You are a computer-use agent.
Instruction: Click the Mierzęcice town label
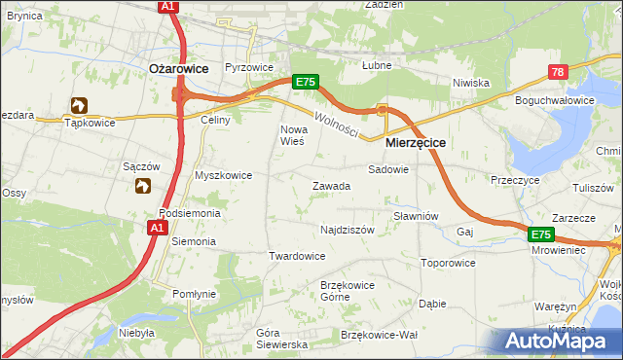416,142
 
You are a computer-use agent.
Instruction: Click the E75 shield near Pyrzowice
305,84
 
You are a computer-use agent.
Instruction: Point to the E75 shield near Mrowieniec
542,235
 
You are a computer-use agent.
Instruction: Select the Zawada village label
331,186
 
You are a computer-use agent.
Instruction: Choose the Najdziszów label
348,231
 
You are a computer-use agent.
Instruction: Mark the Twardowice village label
296,256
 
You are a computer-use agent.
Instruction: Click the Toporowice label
448,263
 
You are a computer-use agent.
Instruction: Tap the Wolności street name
337,125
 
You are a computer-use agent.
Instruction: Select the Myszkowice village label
224,175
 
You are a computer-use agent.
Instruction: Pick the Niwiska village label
470,83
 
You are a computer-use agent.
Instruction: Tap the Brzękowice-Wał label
380,334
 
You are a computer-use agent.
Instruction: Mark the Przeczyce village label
516,180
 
